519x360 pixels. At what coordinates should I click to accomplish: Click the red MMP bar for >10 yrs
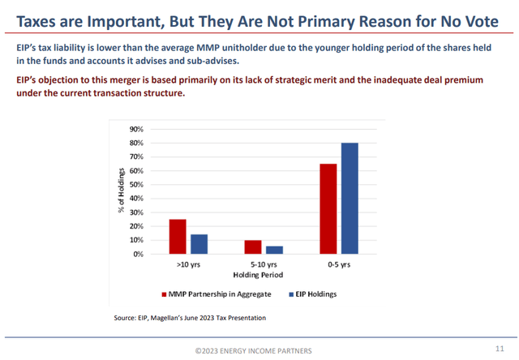tap(177, 237)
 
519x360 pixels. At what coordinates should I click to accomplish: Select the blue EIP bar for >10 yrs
tap(199, 244)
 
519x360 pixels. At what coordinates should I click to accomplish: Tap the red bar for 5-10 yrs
tap(252, 247)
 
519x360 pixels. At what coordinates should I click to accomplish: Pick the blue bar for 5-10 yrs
tap(274, 250)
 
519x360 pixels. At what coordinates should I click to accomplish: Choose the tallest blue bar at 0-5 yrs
tap(350, 199)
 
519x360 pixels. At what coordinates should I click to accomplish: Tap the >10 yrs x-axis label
tap(188, 264)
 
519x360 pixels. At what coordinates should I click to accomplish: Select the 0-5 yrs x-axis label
tap(339, 264)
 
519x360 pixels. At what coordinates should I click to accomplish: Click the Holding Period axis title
tap(263, 274)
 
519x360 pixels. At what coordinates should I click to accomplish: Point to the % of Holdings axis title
tap(121, 191)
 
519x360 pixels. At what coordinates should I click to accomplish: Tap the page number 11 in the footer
tap(499, 349)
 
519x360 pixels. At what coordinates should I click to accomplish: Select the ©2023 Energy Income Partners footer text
tap(259, 349)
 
